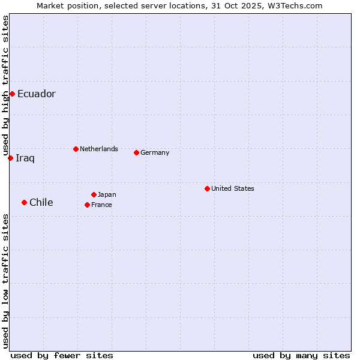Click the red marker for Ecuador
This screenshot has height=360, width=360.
tap(12, 94)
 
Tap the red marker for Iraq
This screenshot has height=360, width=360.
tap(10, 158)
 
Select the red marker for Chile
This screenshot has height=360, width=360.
tap(24, 202)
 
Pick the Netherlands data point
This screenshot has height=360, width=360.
tap(76, 149)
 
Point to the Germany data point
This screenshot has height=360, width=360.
tap(136, 152)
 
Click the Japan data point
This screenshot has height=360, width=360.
tap(94, 194)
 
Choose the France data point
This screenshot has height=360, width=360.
tap(87, 205)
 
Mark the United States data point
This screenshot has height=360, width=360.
tap(207, 188)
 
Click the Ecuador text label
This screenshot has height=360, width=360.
tap(37, 94)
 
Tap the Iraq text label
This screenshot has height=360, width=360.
tap(25, 158)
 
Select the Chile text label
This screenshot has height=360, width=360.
tap(41, 203)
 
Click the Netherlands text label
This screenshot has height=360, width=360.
tap(99, 149)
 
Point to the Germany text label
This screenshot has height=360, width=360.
tap(155, 152)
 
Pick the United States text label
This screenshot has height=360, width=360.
tap(233, 188)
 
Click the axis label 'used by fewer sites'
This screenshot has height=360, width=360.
tap(62, 355)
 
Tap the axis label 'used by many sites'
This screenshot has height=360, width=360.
tap(301, 355)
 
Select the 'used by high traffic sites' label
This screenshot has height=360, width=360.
tap(5, 85)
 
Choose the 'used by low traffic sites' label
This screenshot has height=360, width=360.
tap(5, 280)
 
